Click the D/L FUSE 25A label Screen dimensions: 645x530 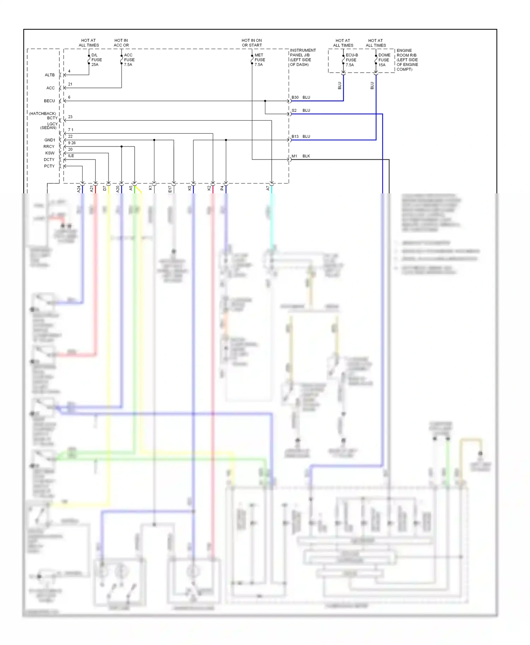click(96, 60)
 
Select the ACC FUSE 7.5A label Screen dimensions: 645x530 click(129, 60)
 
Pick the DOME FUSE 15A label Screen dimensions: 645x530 click(384, 60)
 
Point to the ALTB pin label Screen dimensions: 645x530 click(50, 75)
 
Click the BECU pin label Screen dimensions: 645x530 click(49, 101)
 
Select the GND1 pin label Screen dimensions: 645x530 click(50, 140)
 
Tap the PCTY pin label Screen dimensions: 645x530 click(49, 166)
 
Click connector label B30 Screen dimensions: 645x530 click(295, 97)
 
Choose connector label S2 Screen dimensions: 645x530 click(294, 110)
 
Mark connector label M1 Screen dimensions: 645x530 click(294, 156)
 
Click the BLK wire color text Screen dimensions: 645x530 click(306, 156)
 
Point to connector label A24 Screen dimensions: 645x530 click(79, 189)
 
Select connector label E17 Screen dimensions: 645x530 click(170, 189)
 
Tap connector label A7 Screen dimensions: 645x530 click(268, 188)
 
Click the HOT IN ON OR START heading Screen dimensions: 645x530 click(252, 43)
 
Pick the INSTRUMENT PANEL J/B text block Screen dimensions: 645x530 click(302, 58)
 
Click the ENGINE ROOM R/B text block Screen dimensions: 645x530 click(407, 60)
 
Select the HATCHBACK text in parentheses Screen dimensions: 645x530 click(42, 114)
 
